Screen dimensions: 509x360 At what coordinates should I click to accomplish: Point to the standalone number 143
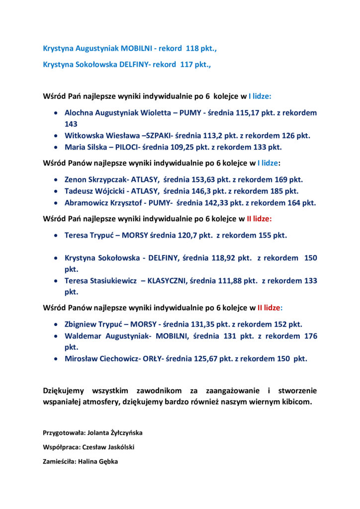pyautogui.click(x=71, y=124)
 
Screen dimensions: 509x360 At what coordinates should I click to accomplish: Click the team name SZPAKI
pyautogui.click(x=158, y=135)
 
